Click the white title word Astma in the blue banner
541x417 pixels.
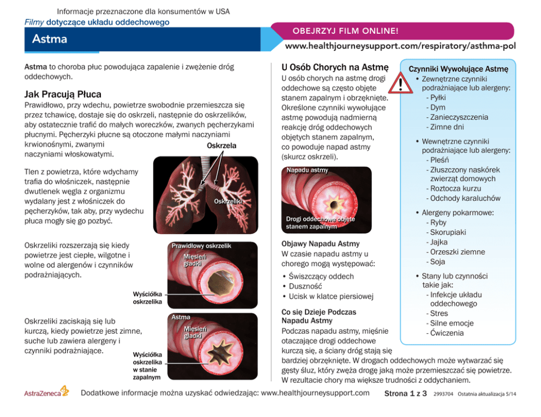(x=50, y=39)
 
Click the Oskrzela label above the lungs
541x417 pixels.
(x=221, y=146)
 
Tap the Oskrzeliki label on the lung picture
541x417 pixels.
(x=229, y=202)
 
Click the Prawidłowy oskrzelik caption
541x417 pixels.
(x=201, y=246)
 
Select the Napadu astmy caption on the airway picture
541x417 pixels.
(x=307, y=170)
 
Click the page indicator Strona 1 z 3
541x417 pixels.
(x=406, y=394)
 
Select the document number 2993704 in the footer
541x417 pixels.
(x=443, y=394)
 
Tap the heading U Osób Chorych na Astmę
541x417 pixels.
(x=334, y=68)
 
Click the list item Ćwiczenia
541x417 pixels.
(x=447, y=333)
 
